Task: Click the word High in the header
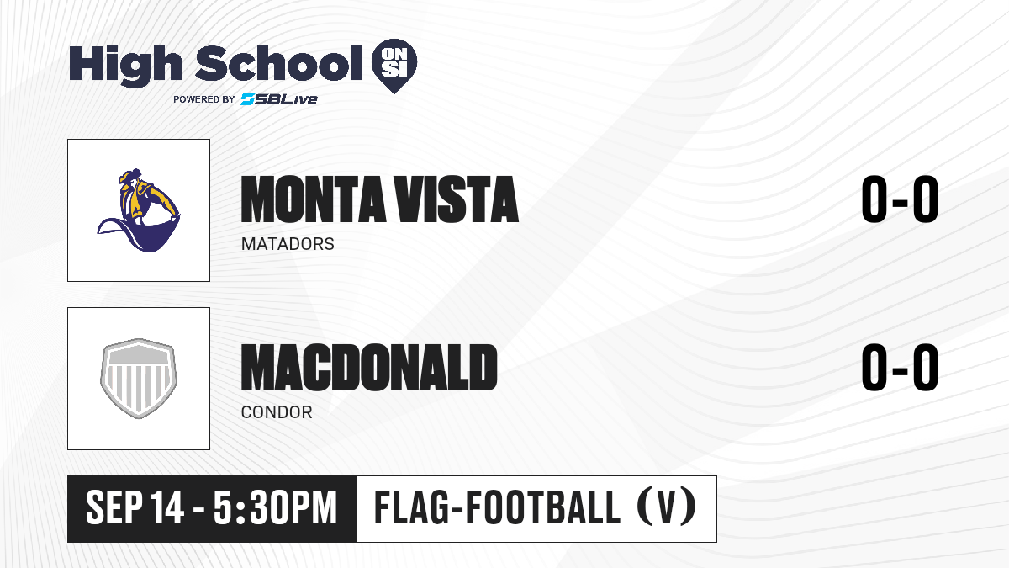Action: click(x=125, y=66)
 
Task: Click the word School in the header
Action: click(x=279, y=63)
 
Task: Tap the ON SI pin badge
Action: click(x=394, y=66)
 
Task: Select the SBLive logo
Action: click(x=279, y=99)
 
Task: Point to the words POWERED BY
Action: click(x=204, y=99)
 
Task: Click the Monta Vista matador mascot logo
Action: click(x=139, y=210)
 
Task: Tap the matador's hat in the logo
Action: click(x=130, y=175)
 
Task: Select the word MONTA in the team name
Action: click(x=313, y=199)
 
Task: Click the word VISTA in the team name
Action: click(x=457, y=199)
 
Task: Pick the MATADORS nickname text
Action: click(x=288, y=244)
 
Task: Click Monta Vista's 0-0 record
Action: click(x=900, y=199)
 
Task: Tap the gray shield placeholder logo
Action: click(x=139, y=379)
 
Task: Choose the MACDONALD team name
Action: click(x=369, y=368)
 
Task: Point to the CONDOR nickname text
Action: click(x=277, y=412)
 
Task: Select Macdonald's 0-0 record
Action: click(x=900, y=368)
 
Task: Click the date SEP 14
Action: click(x=135, y=508)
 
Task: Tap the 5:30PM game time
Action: click(x=275, y=508)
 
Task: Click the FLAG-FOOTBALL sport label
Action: click(x=497, y=507)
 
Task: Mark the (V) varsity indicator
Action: click(x=667, y=507)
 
